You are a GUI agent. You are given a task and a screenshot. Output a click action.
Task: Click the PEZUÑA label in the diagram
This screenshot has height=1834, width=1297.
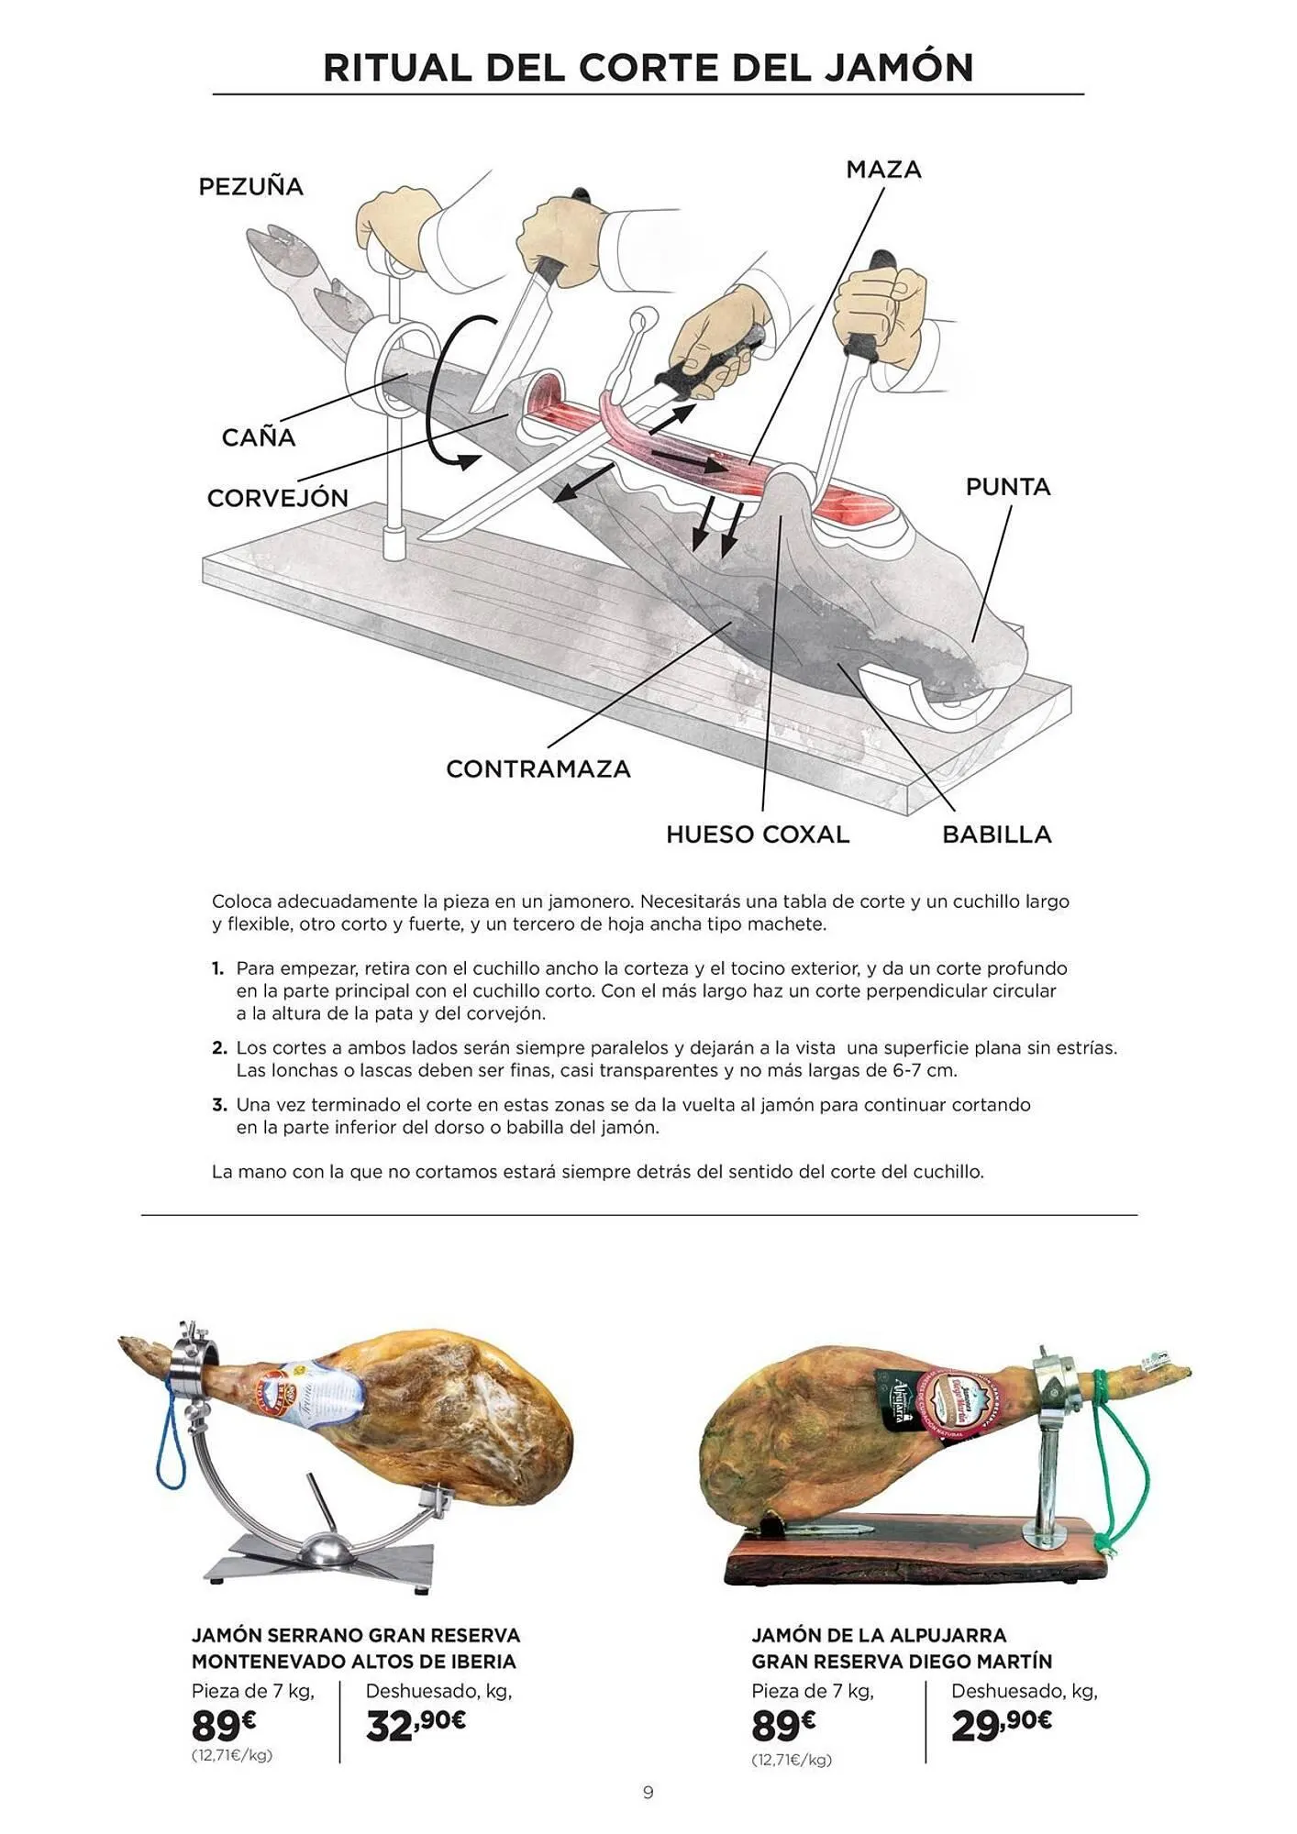(x=250, y=187)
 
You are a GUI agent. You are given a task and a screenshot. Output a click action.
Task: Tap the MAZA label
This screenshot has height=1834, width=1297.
(x=883, y=170)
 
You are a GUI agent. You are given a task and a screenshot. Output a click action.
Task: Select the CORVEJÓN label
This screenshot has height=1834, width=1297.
(x=277, y=499)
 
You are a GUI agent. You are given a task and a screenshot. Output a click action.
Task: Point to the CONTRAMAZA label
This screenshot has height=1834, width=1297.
(x=538, y=769)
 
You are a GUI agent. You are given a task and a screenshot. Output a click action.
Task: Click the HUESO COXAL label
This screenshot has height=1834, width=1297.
(x=758, y=834)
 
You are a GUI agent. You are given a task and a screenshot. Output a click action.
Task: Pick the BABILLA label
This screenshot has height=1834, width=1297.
(x=996, y=834)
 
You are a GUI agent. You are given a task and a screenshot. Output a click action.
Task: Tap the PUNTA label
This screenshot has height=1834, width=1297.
(x=1007, y=487)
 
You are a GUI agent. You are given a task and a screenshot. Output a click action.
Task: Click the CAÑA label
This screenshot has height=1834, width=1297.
(x=259, y=437)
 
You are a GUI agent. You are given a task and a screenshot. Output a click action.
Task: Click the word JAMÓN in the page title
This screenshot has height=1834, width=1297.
(x=898, y=68)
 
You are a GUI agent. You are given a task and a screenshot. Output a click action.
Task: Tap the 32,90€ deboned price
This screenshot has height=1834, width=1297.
(x=416, y=1725)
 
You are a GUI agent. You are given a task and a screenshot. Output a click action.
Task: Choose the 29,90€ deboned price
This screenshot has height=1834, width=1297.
(x=1001, y=1725)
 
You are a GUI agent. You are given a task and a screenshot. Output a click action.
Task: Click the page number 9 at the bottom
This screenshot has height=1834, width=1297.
(x=648, y=1792)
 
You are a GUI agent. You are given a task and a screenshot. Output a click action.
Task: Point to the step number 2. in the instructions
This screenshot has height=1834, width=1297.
(x=219, y=1047)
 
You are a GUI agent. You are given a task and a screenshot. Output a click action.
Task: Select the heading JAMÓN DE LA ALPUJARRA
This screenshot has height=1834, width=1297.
(x=879, y=1635)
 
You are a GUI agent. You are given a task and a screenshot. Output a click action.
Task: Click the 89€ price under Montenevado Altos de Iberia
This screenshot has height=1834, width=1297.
(x=223, y=1727)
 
